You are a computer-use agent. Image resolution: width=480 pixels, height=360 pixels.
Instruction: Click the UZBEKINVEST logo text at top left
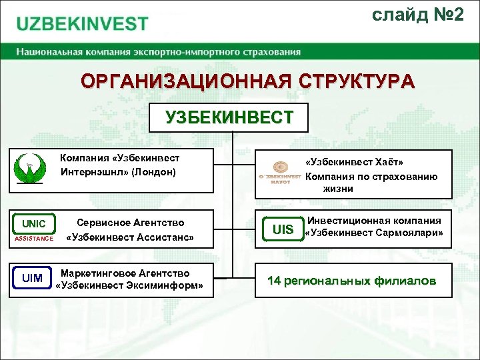[x=83, y=24]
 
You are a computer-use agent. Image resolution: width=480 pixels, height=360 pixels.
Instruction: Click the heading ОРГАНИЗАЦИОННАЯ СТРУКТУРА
[x=247, y=82]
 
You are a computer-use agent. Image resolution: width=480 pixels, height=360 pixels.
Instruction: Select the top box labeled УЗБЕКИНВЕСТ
[x=229, y=117]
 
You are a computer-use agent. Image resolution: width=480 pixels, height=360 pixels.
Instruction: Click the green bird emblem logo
[x=31, y=169]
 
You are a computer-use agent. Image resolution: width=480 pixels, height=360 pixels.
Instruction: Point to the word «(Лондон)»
[x=154, y=172]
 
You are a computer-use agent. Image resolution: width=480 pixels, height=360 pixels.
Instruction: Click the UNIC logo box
[x=34, y=224]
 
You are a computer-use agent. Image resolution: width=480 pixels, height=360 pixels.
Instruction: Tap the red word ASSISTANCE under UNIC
[x=34, y=239]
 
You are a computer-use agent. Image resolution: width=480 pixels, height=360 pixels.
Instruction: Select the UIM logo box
[x=32, y=277]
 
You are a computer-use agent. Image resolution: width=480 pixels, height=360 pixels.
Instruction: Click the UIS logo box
[x=283, y=229]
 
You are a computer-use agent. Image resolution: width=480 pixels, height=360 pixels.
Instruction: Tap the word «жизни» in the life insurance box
[x=338, y=189]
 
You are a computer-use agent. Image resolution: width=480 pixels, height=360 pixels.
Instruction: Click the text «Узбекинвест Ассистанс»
[x=130, y=237]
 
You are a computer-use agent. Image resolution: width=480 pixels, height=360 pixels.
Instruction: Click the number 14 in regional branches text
[x=274, y=281]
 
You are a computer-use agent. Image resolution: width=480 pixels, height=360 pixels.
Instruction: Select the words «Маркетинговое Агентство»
[x=125, y=273]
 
